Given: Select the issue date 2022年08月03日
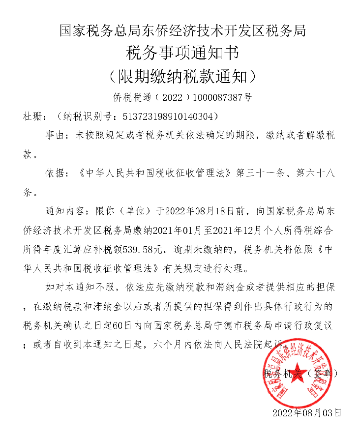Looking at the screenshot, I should pyautogui.click(x=306, y=412).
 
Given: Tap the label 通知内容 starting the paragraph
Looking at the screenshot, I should pyautogui.click(x=62, y=211).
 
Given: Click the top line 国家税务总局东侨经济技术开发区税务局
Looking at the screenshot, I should pyautogui.click(x=182, y=31).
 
